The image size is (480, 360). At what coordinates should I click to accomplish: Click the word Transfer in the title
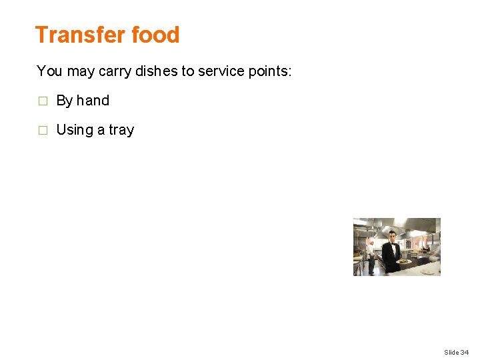73,35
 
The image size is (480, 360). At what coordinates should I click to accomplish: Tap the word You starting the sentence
48,71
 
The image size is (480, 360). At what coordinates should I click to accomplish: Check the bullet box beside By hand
42,101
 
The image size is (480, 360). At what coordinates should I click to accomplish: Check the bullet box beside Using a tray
42,131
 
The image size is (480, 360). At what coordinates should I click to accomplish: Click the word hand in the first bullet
93,101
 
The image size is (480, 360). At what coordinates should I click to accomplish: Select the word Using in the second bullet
75,130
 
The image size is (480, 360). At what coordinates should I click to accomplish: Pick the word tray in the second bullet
121,130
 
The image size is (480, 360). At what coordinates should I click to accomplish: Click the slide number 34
464,352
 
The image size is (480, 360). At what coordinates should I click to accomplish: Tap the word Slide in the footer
451,352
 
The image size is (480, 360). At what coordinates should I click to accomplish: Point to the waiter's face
392,238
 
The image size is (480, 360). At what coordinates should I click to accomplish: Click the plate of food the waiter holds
404,261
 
